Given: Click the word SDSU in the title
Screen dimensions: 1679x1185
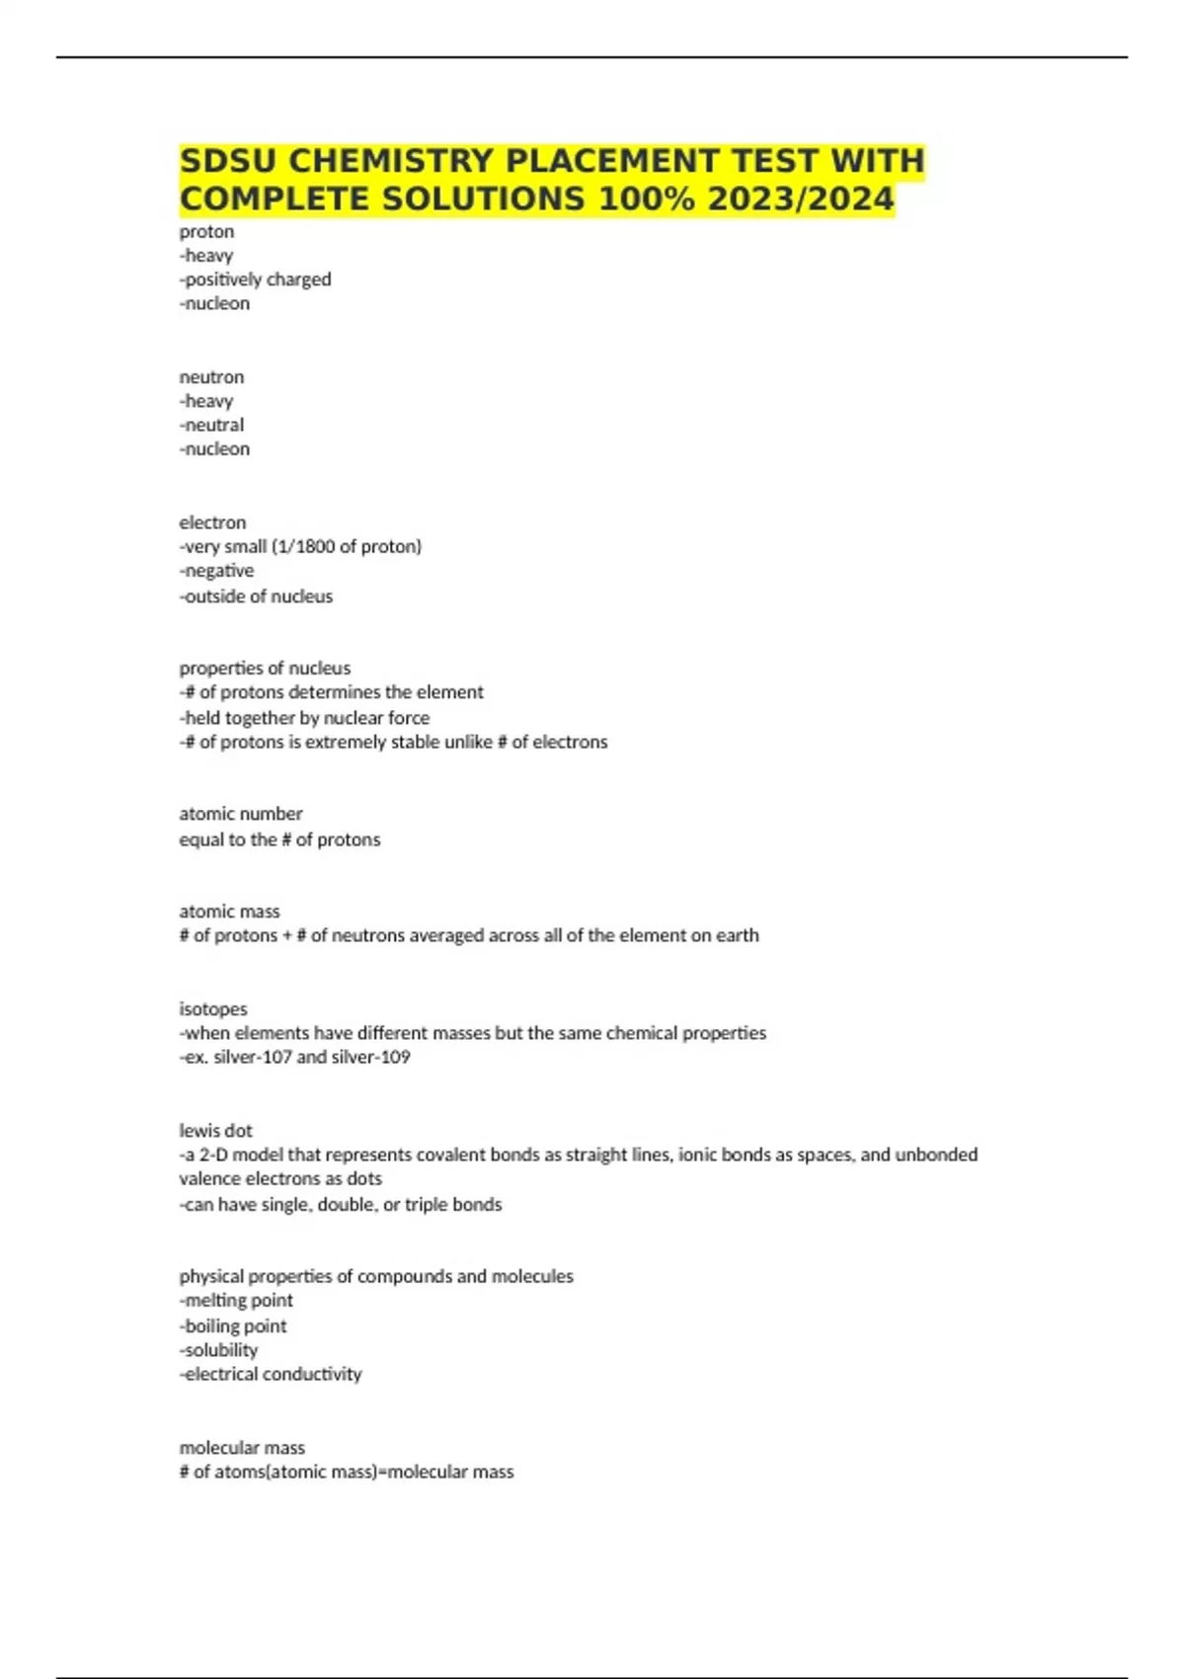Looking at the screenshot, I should pyautogui.click(x=227, y=160).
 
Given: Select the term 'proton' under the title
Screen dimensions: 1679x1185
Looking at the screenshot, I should pyautogui.click(x=206, y=231).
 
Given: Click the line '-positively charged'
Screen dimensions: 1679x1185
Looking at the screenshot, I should pyautogui.click(x=255, y=280).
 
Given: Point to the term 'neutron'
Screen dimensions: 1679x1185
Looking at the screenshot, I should pyautogui.click(x=211, y=376).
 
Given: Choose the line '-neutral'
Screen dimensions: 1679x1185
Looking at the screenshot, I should pyautogui.click(x=211, y=425).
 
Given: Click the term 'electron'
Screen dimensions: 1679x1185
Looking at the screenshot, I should pyautogui.click(x=212, y=521).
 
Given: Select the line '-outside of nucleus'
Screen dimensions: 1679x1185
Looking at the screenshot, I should pyautogui.click(x=256, y=596).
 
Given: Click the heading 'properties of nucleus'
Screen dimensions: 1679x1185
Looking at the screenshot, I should pyautogui.click(x=265, y=668).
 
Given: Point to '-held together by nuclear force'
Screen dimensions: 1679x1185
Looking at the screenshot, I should pyautogui.click(x=304, y=717).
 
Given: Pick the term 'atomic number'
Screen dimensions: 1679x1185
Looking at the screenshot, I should pyautogui.click(x=241, y=813).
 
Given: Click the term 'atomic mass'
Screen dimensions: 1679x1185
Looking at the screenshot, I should pyautogui.click(x=229, y=911).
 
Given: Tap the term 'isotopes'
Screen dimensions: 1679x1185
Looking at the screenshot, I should pyautogui.click(x=213, y=1008).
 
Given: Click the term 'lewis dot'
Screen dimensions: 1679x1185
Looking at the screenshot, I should pyautogui.click(x=215, y=1130).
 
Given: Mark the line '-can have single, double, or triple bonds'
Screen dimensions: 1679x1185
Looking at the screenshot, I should pyautogui.click(x=341, y=1204).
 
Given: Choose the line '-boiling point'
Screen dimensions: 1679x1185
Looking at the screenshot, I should pyautogui.click(x=233, y=1325).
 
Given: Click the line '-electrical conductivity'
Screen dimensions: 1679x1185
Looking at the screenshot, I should pyautogui.click(x=271, y=1374).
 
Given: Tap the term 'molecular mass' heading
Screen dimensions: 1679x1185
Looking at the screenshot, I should pyautogui.click(x=242, y=1447).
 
